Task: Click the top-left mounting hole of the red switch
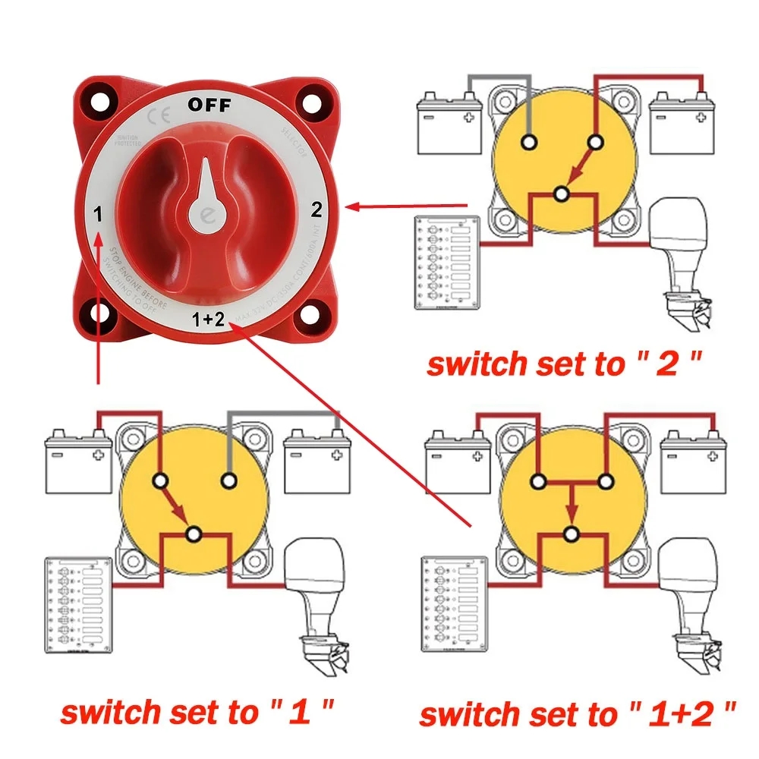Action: pos(98,103)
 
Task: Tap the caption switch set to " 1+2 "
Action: pos(577,713)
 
